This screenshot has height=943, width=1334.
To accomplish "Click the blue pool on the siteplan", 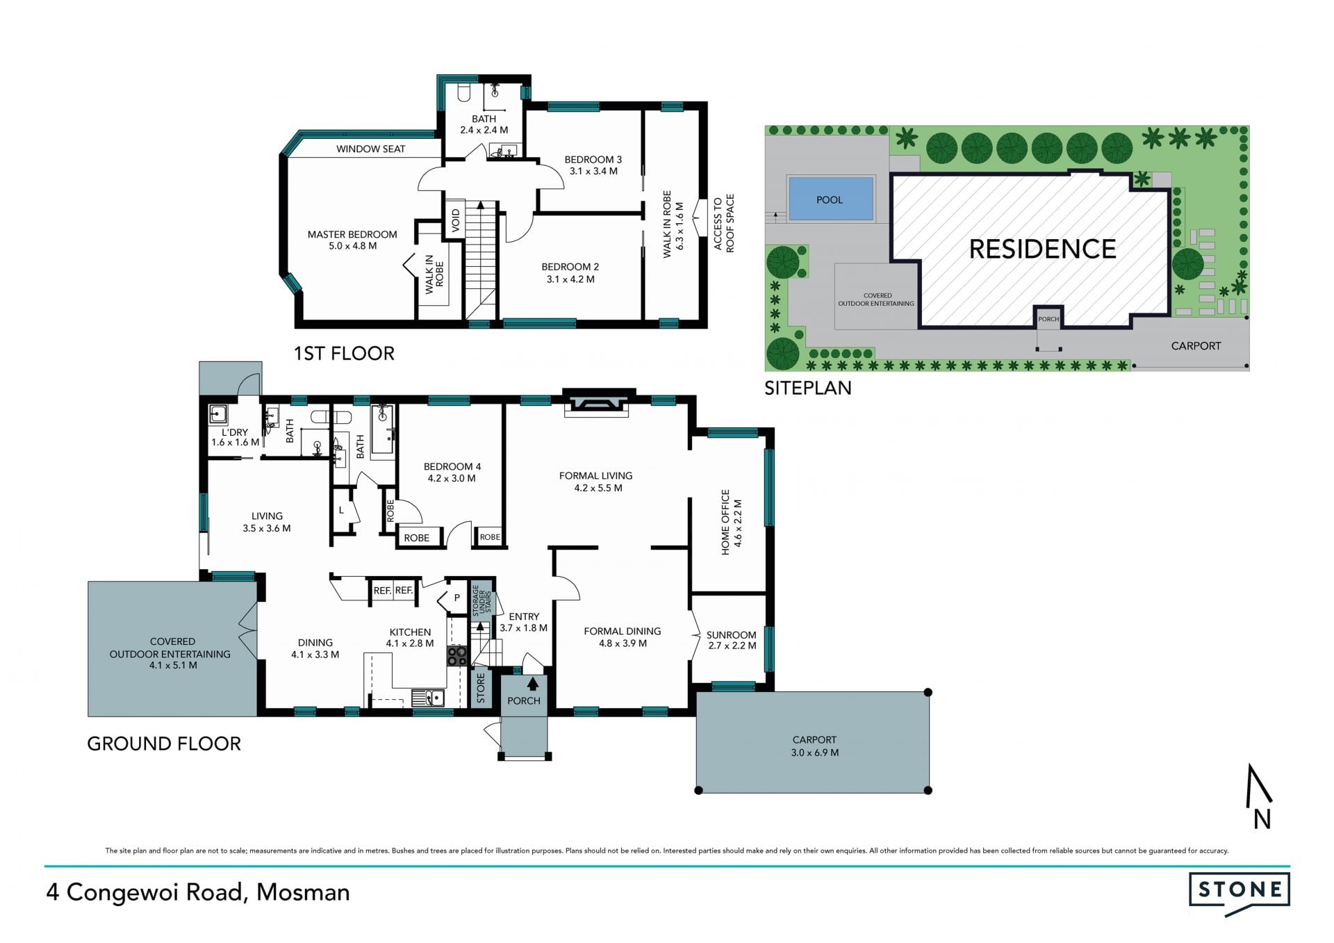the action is point(830,199).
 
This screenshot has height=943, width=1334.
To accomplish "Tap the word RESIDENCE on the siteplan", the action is point(1042,249).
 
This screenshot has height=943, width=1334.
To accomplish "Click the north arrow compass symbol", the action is point(1260,796).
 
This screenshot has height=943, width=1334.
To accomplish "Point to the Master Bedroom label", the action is point(352,240).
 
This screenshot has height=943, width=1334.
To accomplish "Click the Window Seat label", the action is point(370,149).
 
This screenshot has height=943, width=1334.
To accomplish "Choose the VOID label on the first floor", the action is point(456,220).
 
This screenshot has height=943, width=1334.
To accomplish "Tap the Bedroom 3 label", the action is point(593,165).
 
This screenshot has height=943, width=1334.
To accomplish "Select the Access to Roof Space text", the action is point(723,223).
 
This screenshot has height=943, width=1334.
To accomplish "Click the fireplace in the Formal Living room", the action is point(598,405).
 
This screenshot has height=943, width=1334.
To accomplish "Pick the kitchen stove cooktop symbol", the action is point(456,656).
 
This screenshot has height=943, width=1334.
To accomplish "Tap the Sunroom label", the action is point(731,640).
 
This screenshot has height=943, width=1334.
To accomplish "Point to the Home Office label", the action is point(731,522).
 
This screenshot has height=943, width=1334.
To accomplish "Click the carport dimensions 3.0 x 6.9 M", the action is point(814,753).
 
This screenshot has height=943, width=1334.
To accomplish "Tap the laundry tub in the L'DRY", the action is point(218,415).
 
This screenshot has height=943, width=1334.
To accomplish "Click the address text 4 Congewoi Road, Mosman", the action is point(198,892).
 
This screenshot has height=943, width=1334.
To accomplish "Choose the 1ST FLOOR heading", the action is point(344,353).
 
